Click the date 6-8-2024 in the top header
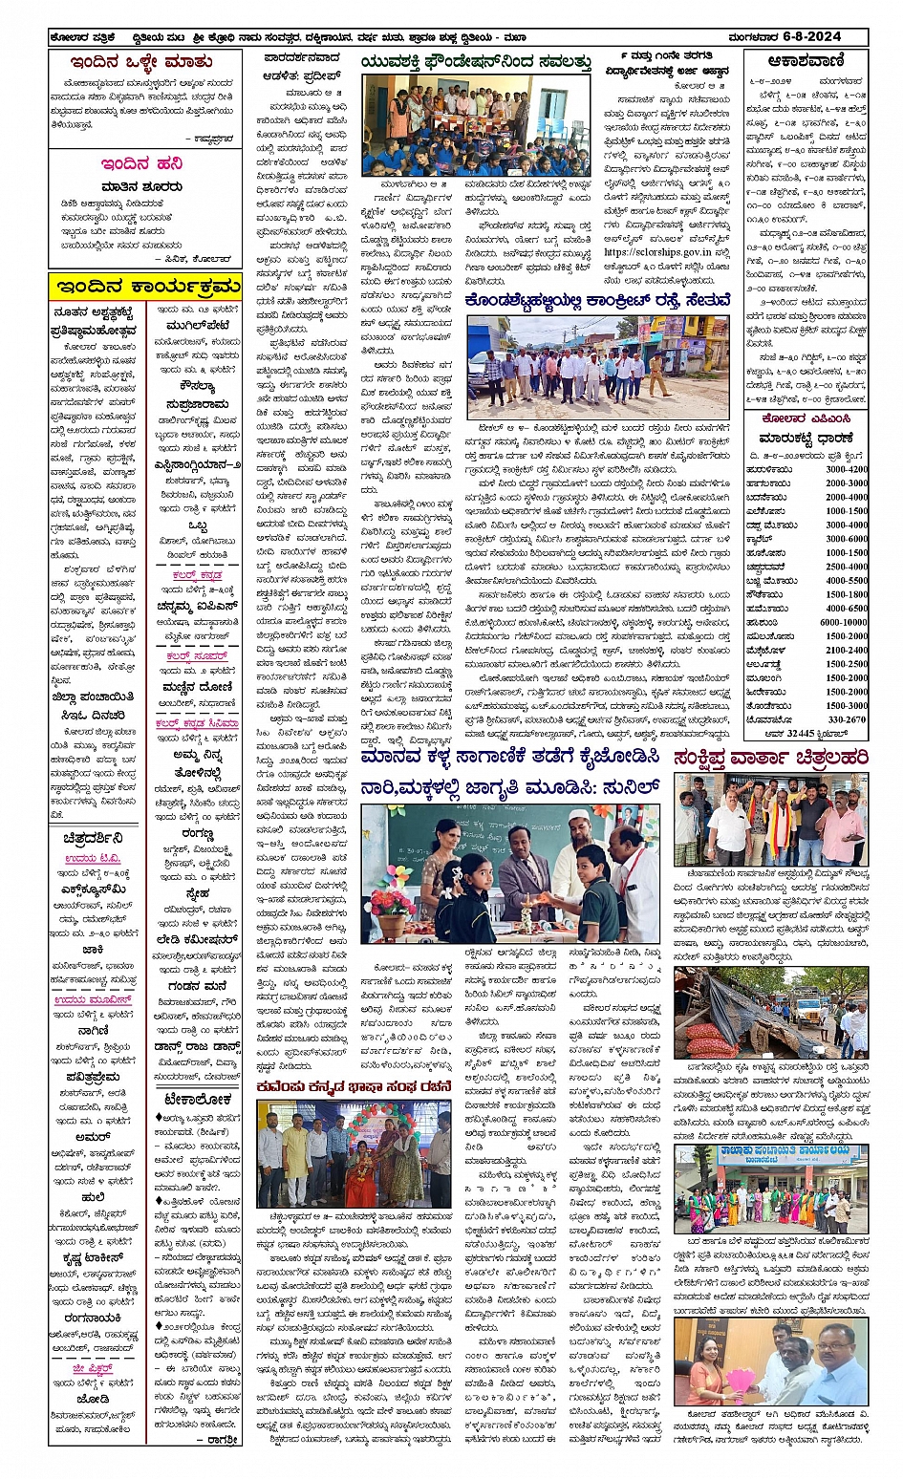811,36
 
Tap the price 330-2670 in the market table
847,719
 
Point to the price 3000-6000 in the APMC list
847,539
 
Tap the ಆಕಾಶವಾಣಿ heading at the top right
806,60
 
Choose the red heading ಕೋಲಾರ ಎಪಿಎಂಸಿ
806,419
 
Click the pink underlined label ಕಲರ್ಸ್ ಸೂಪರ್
197,657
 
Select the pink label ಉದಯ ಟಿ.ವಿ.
93,859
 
